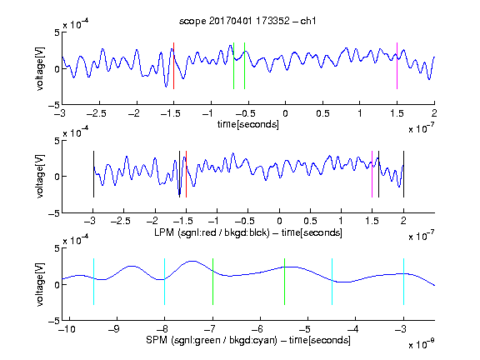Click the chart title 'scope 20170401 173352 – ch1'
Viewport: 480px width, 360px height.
point(247,21)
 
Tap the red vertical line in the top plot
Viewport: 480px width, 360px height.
point(173,66)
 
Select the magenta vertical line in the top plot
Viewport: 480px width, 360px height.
point(397,66)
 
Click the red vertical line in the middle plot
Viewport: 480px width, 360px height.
point(186,174)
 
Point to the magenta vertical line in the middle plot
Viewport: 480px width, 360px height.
point(372,174)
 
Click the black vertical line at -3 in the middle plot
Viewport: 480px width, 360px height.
point(93,174)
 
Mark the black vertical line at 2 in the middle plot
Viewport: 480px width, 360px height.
point(403,174)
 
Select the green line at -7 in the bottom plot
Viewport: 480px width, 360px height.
point(212,282)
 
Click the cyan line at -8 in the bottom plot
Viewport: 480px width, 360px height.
point(165,282)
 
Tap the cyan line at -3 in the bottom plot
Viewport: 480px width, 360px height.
point(404,282)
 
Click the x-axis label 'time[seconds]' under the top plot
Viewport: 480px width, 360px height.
point(248,124)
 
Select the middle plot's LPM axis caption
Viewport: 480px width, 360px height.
point(248,232)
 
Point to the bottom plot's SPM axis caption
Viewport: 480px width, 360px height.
point(248,340)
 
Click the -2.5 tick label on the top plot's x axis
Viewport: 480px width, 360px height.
point(96,113)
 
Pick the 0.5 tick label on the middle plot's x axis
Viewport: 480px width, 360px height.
point(310,221)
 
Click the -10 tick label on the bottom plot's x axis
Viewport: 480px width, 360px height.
point(67,329)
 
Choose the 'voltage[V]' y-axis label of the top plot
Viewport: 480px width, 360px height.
point(40,68)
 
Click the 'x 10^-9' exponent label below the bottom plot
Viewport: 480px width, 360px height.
point(421,344)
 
